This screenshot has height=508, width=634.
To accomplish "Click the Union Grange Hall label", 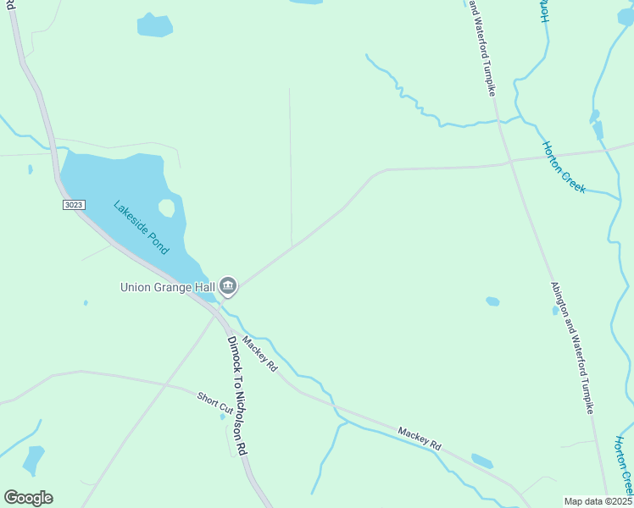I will (x=167, y=287).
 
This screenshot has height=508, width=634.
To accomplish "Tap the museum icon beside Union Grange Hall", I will (x=227, y=287).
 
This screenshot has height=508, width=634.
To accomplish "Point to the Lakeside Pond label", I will (x=142, y=227).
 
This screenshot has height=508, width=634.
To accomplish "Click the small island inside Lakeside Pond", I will (x=167, y=207).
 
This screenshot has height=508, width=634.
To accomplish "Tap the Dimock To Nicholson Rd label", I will (x=236, y=395).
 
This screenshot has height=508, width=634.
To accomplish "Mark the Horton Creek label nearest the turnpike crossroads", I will (x=564, y=167).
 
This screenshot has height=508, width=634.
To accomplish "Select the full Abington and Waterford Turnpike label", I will (x=570, y=347).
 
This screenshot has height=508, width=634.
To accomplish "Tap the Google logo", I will (x=28, y=498).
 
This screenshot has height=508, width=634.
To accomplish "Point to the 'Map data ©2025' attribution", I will (x=598, y=501).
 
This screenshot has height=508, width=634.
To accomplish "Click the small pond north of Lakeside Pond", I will (x=154, y=25).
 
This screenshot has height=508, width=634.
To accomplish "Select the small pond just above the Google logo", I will (x=34, y=459).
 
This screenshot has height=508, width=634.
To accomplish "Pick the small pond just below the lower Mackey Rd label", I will (x=481, y=461).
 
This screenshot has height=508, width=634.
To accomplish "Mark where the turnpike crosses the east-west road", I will (x=509, y=161).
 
